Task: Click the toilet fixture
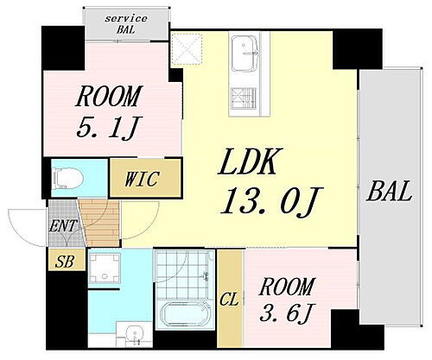tap(67, 179)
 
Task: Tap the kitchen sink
tap(245, 54)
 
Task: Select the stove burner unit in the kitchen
tap(244, 98)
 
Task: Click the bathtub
tap(185, 313)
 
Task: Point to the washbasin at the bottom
tap(134, 334)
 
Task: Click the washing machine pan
tap(105, 268)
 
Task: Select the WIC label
tap(142, 179)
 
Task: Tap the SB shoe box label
tap(65, 262)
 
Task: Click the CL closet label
tap(229, 300)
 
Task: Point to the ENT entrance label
tap(63, 226)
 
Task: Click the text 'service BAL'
tap(126, 24)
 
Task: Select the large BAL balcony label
tap(389, 192)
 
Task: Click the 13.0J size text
tap(271, 202)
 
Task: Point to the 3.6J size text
tap(286, 313)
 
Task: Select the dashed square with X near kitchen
tap(187, 48)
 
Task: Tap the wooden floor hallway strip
tap(101, 224)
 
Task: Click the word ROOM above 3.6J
tap(286, 287)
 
